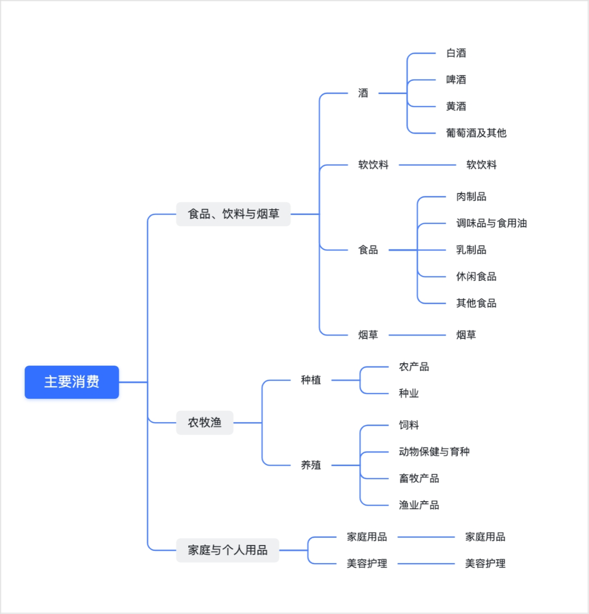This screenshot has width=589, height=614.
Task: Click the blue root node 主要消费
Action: click(72, 382)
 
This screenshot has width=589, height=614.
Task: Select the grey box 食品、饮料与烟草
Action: click(233, 214)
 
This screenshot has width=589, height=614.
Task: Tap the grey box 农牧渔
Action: click(205, 422)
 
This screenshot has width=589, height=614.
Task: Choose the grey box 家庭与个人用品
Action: click(227, 550)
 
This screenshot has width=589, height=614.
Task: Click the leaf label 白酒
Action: click(456, 53)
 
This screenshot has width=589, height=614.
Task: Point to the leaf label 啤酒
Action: click(456, 80)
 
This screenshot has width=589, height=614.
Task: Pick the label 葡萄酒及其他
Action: click(476, 133)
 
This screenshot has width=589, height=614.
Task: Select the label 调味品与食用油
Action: click(491, 223)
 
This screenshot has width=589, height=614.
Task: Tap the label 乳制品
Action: click(471, 250)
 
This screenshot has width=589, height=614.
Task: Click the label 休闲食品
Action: click(476, 277)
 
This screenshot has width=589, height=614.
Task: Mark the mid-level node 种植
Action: click(311, 380)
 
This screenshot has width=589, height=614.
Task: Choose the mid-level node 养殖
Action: click(311, 465)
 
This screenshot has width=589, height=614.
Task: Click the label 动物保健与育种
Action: click(434, 452)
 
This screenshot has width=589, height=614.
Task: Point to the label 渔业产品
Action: click(419, 505)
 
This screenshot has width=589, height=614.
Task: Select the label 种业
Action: click(409, 393)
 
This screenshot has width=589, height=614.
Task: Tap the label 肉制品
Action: click(471, 197)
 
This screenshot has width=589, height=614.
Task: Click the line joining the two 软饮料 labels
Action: click(427, 165)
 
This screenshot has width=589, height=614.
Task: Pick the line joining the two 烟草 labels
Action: click(417, 335)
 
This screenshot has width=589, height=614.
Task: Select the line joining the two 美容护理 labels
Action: click(426, 563)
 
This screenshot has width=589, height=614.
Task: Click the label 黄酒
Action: click(456, 107)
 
